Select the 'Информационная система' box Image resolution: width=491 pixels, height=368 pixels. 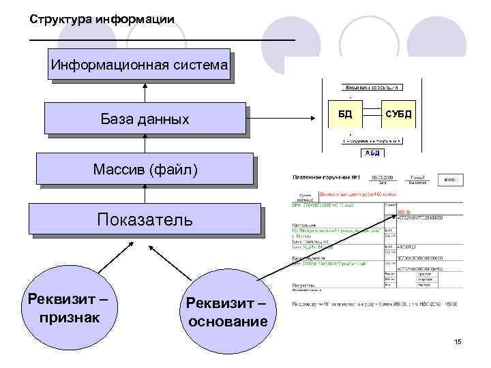click(139, 66)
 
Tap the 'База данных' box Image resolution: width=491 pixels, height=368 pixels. click(145, 119)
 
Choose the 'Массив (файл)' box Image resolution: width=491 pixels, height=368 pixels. click(145, 168)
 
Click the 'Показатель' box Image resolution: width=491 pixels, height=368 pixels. click(145, 219)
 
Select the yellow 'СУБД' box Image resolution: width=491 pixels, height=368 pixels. click(398, 114)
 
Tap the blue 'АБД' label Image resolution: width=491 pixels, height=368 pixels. click(372, 153)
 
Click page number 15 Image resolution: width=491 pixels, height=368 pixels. click(458, 341)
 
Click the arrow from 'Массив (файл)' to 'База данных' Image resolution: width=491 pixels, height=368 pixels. click(145, 143)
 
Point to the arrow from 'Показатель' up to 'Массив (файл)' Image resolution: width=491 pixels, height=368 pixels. click(145, 194)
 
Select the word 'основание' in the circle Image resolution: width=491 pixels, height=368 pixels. click(226, 321)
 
